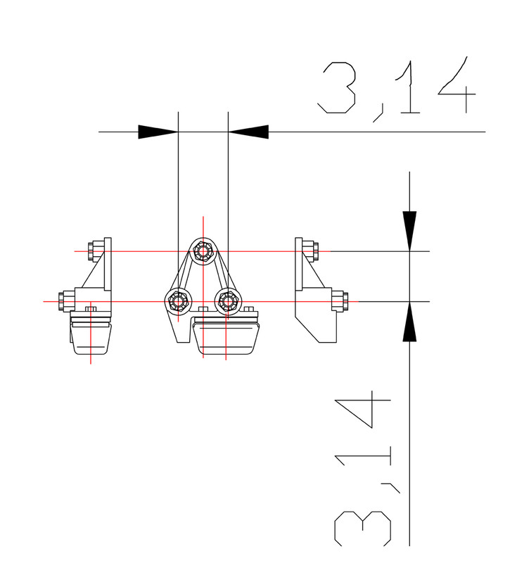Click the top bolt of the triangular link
click(x=203, y=251)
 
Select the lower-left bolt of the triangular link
click(x=178, y=301)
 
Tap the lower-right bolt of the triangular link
click(x=228, y=301)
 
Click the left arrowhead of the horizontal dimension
click(x=158, y=132)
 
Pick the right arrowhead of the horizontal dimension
click(x=248, y=132)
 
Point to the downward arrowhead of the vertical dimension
click(x=409, y=232)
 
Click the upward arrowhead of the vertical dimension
click(x=409, y=322)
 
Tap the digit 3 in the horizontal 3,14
click(x=337, y=87)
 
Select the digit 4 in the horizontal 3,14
click(x=457, y=84)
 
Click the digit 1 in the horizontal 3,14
click(x=407, y=87)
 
